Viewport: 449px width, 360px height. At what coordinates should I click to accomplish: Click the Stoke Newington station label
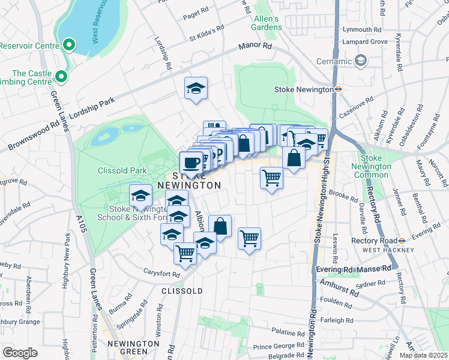[303, 89]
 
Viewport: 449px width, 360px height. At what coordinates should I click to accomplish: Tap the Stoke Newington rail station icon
[339, 89]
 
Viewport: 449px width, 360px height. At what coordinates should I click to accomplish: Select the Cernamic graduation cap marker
[361, 60]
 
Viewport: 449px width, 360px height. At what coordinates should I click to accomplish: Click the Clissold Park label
[122, 170]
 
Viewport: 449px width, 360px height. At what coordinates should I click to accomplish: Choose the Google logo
[20, 352]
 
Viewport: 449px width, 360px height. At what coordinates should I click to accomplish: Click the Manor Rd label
[255, 46]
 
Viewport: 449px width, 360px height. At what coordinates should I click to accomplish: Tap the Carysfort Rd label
[161, 274]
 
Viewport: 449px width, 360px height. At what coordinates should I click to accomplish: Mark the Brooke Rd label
[344, 195]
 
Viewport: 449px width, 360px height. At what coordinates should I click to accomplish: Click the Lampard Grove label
[364, 41]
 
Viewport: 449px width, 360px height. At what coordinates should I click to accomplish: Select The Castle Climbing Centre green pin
[61, 76]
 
